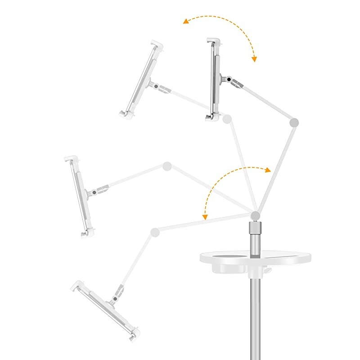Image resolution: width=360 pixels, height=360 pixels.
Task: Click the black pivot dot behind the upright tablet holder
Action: [229, 80]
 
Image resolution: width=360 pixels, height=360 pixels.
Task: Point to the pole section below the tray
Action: [255, 315]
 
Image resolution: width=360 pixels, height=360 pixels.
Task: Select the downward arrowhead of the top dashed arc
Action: [254, 59]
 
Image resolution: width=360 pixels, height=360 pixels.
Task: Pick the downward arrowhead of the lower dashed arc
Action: [205, 218]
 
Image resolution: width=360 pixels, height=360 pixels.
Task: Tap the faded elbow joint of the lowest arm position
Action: [155, 232]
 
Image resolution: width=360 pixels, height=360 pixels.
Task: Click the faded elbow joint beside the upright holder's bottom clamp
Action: [227, 119]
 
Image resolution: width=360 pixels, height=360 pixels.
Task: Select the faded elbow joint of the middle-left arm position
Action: [167, 166]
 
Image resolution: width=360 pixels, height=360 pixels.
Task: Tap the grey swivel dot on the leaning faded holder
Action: [156, 86]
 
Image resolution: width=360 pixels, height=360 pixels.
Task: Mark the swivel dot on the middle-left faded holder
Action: [94, 192]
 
